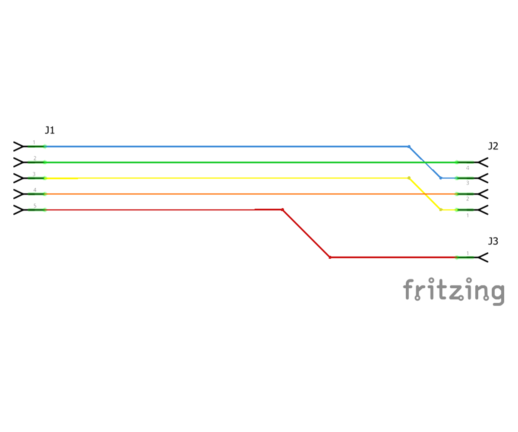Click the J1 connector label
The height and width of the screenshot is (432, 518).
(50, 130)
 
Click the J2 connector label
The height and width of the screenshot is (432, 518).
(493, 146)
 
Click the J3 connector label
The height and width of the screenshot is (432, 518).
(493, 241)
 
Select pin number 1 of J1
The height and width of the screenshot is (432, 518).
(34, 142)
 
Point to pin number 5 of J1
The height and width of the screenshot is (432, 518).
(35, 206)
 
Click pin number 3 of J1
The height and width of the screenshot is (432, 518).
(34, 174)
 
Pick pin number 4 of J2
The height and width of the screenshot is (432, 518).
(467, 168)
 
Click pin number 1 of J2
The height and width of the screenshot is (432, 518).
(467, 215)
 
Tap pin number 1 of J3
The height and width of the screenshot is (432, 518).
(467, 253)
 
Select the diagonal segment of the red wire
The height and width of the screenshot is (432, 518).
(306, 233)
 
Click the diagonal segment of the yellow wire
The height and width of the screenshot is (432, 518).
(425, 194)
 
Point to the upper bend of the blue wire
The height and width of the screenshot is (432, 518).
(409, 146)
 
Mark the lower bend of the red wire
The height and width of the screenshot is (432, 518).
(330, 257)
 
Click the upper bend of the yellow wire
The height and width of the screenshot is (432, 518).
(409, 178)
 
